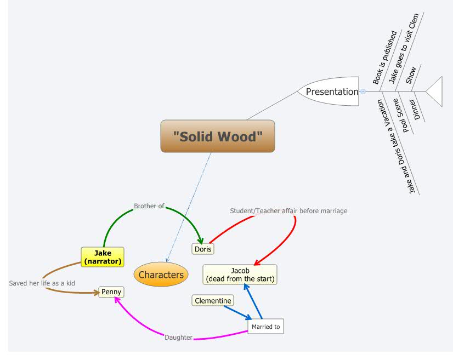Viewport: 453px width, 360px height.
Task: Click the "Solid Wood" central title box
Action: (218, 136)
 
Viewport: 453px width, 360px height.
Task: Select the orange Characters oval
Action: (161, 275)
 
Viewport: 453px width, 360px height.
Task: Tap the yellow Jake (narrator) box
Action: (103, 257)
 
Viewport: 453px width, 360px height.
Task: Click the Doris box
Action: (203, 249)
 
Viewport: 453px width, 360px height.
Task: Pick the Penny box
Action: (111, 292)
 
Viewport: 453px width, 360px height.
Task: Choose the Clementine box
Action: (213, 300)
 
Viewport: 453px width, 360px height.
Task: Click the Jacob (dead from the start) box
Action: (240, 275)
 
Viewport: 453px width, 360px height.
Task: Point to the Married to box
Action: (265, 327)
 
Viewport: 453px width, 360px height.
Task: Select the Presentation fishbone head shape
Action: (329, 92)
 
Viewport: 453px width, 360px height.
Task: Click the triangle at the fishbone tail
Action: (435, 92)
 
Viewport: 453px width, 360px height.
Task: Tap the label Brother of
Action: (149, 206)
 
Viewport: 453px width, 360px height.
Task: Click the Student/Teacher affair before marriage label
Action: (288, 210)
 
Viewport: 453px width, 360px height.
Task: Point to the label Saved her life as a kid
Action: (42, 283)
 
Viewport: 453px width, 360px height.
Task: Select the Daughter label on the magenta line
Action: (179, 338)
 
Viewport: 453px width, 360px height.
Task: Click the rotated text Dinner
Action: (418, 109)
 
